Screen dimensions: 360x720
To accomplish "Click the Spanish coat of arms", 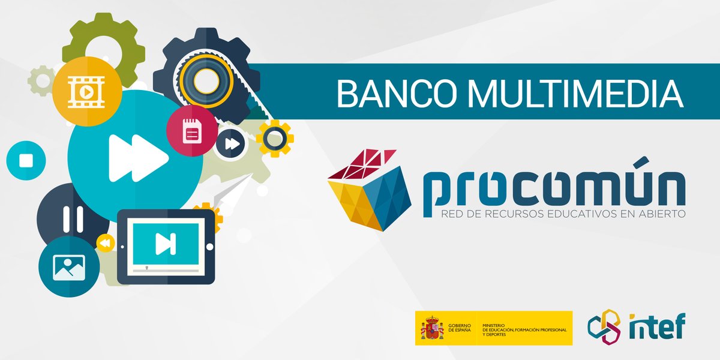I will click(x=431, y=328).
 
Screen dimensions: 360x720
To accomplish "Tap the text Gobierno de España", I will click(x=460, y=328).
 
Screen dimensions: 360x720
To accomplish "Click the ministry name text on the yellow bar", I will click(x=522, y=328).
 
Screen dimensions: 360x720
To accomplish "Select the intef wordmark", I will click(x=656, y=328).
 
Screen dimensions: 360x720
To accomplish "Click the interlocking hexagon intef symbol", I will click(x=602, y=328).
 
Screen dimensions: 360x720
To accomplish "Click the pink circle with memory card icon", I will click(x=191, y=130).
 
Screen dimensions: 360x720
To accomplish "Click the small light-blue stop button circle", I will click(x=26, y=161).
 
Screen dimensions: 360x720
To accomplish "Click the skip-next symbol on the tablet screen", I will click(x=164, y=244).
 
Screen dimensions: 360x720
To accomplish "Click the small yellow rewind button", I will click(x=105, y=243).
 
